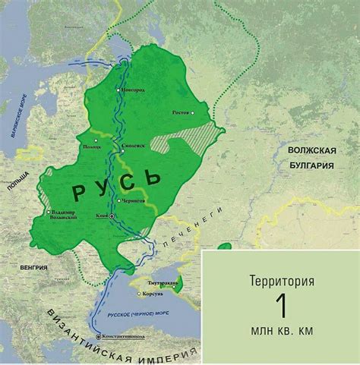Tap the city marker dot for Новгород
coord(118,89)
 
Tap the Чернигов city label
coord(132,201)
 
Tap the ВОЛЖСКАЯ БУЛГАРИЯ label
coord(311,156)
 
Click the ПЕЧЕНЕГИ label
coord(190,226)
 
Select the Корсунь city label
coord(147,291)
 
